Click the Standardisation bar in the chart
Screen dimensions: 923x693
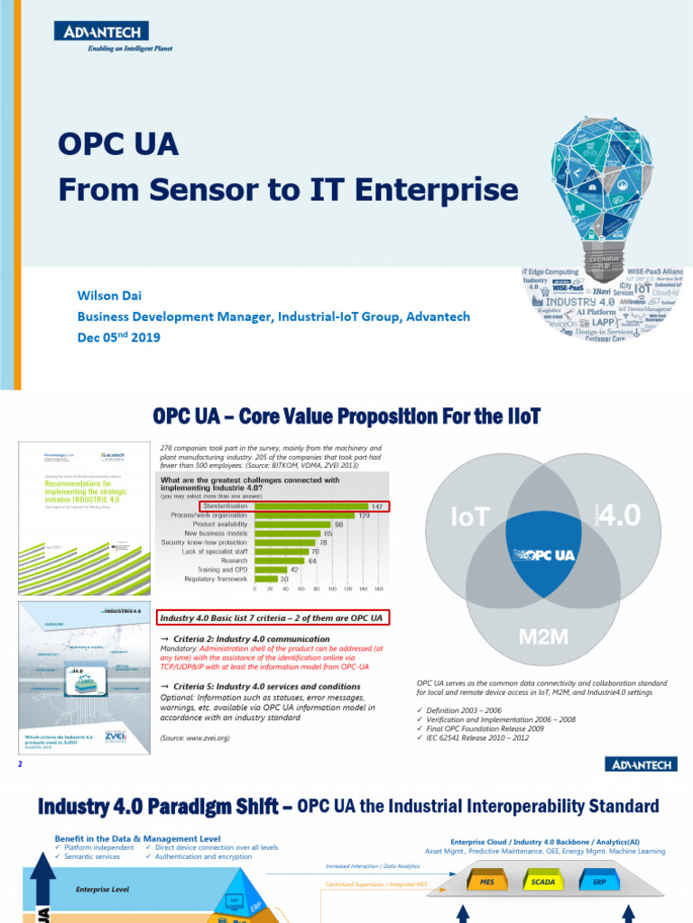click(x=311, y=506)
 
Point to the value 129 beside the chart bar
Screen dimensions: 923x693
click(x=365, y=516)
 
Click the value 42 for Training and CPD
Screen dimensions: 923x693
click(x=293, y=569)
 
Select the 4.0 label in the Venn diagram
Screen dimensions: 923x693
click(x=623, y=516)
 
